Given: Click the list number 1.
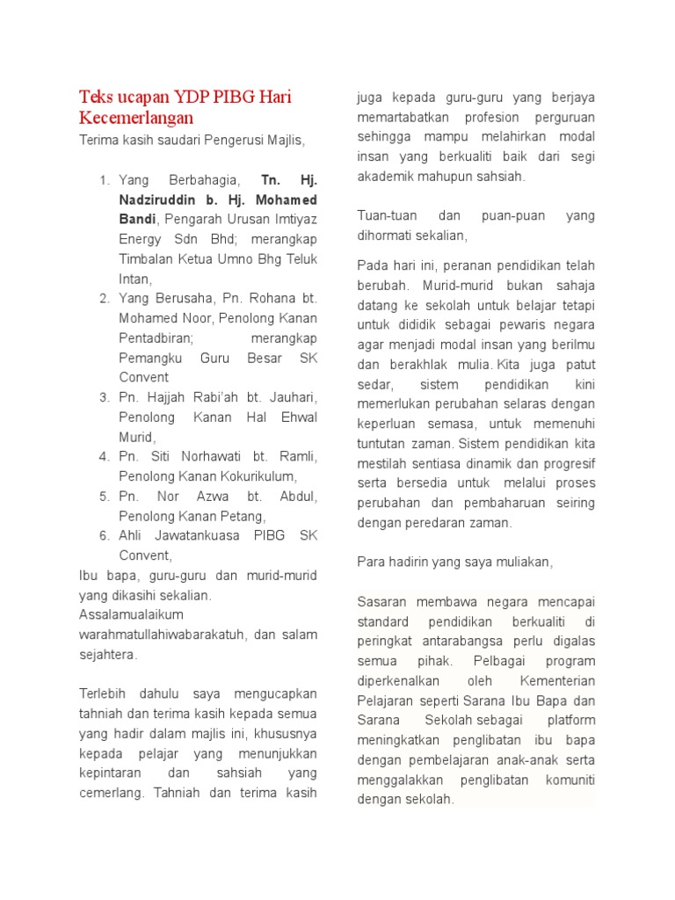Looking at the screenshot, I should (x=104, y=180).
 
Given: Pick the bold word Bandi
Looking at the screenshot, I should (x=138, y=219).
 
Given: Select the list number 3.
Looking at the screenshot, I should (x=104, y=397).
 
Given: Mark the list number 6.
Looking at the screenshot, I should (x=104, y=535).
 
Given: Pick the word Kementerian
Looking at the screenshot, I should (x=557, y=681).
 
